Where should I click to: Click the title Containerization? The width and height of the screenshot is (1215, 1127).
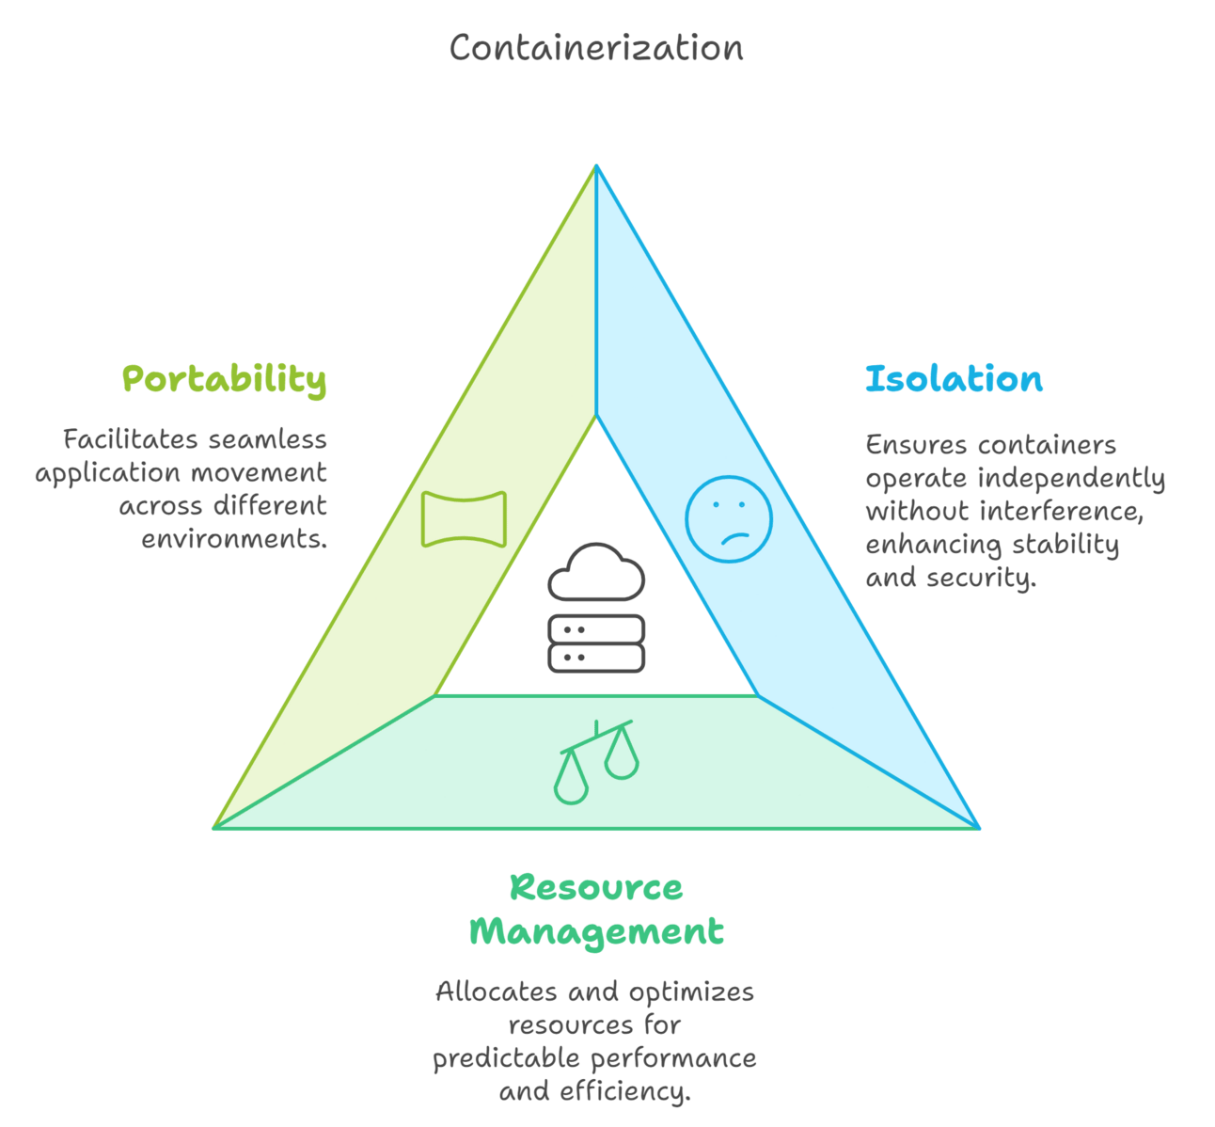pyautogui.click(x=596, y=48)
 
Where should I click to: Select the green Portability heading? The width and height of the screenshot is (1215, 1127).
pyautogui.click(x=225, y=380)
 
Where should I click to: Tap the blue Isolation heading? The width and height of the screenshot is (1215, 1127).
pyautogui.click(x=954, y=379)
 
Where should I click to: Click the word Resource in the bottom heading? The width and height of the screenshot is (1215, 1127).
pyautogui.click(x=596, y=887)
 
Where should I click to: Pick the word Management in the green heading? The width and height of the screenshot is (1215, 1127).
pyautogui.click(x=596, y=931)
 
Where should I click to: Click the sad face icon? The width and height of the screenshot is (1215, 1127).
pyautogui.click(x=729, y=519)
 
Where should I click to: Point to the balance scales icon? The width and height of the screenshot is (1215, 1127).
pyautogui.click(x=597, y=761)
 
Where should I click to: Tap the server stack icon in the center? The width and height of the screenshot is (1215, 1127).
pyautogui.click(x=596, y=643)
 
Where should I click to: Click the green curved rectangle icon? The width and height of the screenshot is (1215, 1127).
pyautogui.click(x=464, y=518)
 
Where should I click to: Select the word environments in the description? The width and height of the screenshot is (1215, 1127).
pyautogui.click(x=234, y=539)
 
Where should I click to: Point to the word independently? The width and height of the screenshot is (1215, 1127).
pyautogui.click(x=1071, y=478)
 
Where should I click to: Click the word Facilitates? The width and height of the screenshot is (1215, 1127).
pyautogui.click(x=130, y=439)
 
